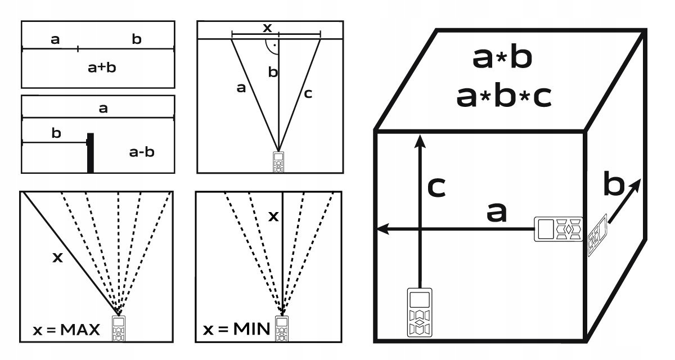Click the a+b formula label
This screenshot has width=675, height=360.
pos(102,68)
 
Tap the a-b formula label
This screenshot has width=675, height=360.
pos(142,151)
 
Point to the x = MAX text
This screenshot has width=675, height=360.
pos(66,330)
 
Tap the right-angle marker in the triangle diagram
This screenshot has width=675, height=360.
pos(273,46)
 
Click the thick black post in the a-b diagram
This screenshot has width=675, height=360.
pos(90,152)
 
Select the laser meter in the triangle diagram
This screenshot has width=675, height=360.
pos(278,161)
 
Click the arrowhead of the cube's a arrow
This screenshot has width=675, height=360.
pos(381,229)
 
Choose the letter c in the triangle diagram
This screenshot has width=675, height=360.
pos(308,94)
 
